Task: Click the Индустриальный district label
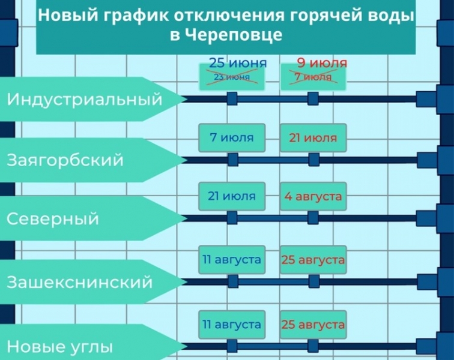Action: tap(84, 99)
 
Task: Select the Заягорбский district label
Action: tap(65, 160)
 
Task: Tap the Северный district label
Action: tap(53, 218)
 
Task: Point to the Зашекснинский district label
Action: tap(79, 281)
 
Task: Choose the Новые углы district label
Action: tap(59, 346)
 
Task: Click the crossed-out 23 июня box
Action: tap(232, 77)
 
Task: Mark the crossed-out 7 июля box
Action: tap(313, 77)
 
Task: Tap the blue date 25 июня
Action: tap(238, 63)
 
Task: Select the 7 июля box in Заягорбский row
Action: tap(232, 137)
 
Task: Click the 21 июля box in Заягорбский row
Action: tap(313, 137)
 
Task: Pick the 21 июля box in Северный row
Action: tap(232, 196)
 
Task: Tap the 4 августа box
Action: tap(313, 196)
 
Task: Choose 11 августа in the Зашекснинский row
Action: tap(232, 260)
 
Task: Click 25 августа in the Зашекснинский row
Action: tap(313, 260)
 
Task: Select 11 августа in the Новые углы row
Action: tap(232, 325)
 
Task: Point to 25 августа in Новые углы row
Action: tap(313, 325)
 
